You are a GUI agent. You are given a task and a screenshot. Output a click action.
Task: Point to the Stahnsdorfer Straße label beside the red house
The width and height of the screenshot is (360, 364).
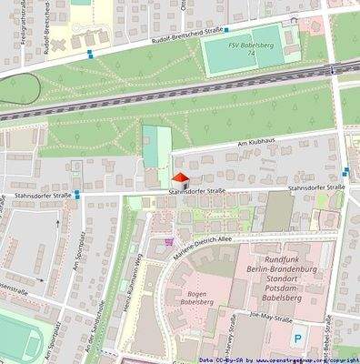pyautogui.click(x=195, y=192)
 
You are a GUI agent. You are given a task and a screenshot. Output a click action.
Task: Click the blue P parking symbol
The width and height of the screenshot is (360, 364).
pyautogui.click(x=299, y=340)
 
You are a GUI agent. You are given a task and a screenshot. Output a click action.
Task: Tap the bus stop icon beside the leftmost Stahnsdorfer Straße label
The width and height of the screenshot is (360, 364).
pyautogui.click(x=78, y=193)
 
